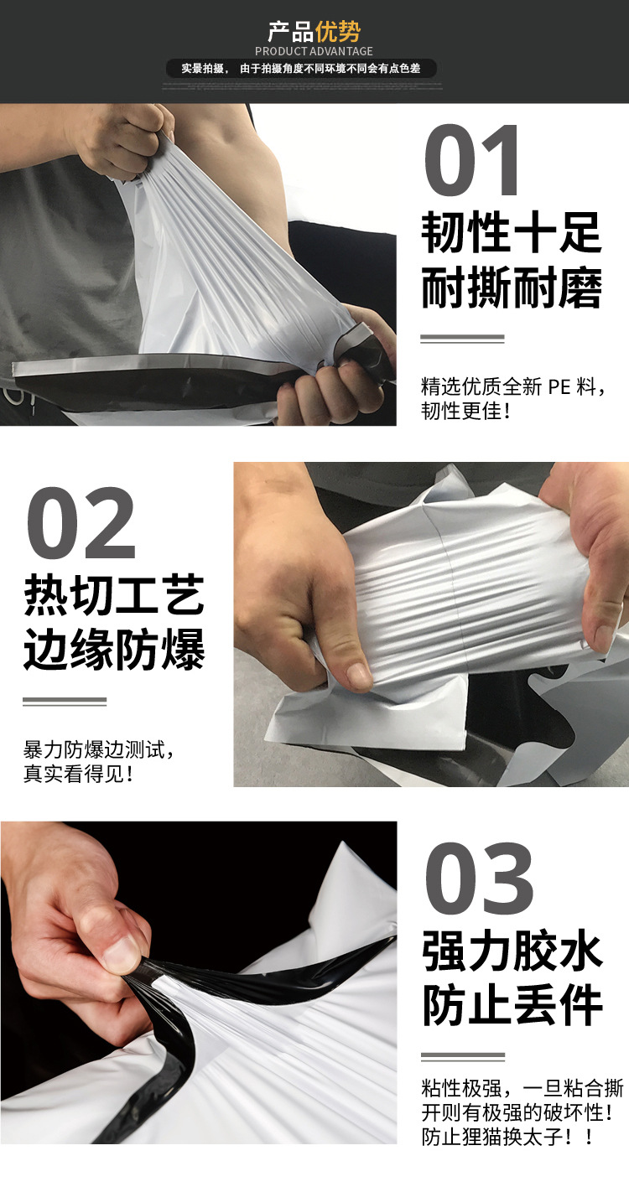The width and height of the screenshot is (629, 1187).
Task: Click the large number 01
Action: pyautogui.click(x=473, y=161)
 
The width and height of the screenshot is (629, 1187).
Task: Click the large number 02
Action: pyautogui.click(x=81, y=525)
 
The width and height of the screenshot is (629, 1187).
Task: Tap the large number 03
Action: pyautogui.click(x=479, y=879)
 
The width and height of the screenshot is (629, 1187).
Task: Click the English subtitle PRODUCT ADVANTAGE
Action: pyautogui.click(x=314, y=52)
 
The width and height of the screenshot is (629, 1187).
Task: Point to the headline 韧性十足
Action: pyautogui.click(x=511, y=232)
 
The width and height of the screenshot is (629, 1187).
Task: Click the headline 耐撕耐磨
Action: pyautogui.click(x=511, y=289)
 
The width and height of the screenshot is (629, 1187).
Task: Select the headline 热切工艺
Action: pyautogui.click(x=114, y=596)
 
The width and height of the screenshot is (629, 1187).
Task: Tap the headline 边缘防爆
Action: pyautogui.click(x=114, y=651)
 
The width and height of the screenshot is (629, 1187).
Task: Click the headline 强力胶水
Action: pyautogui.click(x=512, y=952)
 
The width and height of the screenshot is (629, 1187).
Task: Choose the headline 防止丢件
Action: pyautogui.click(x=512, y=1006)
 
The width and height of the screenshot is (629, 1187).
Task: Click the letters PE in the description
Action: pyautogui.click(x=559, y=387)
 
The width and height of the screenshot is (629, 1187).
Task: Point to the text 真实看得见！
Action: pyautogui.click(x=79, y=773)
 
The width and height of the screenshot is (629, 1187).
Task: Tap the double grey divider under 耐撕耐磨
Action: pyautogui.click(x=462, y=340)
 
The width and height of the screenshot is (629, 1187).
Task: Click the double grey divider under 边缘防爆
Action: pyautogui.click(x=65, y=702)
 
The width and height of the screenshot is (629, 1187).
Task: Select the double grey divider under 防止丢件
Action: pyautogui.click(x=463, y=1057)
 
